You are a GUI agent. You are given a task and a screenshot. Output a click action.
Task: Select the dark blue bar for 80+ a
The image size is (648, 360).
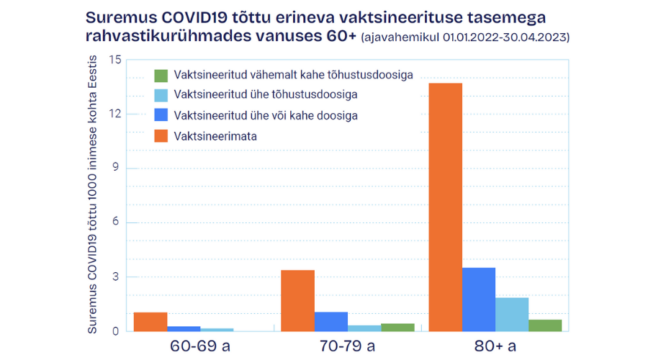pyautogui.click(x=478, y=300)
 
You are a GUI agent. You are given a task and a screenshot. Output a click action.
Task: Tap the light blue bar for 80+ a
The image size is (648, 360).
pyautogui.click(x=511, y=315)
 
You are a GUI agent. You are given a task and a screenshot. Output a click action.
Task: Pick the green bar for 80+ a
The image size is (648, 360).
pyautogui.click(x=544, y=325)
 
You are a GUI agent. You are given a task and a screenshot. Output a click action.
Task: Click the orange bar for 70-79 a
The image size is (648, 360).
pyautogui.click(x=297, y=301)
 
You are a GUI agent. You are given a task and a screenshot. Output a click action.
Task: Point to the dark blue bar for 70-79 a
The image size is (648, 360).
pyautogui.click(x=330, y=322)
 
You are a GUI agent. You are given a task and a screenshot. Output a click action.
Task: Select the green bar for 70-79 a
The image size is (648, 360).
pyautogui.click(x=397, y=328)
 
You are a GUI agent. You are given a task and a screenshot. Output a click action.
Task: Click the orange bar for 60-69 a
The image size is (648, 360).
pyautogui.click(x=150, y=322)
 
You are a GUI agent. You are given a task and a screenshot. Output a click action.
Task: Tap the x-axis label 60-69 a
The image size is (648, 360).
pyautogui.click(x=199, y=346)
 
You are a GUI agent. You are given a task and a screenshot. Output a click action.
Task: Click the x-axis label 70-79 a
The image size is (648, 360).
pyautogui.click(x=347, y=346)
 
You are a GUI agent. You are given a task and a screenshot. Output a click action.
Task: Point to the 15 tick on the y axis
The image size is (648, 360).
pyautogui.click(x=112, y=60)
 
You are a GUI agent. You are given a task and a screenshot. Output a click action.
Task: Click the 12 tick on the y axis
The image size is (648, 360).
pyautogui.click(x=112, y=114)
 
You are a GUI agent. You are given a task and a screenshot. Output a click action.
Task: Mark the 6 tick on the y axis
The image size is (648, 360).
pyautogui.click(x=115, y=223)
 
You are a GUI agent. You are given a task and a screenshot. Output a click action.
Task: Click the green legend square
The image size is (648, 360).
pyautogui.click(x=161, y=76)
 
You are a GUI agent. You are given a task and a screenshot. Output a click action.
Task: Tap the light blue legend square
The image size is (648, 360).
pyautogui.click(x=161, y=95)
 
